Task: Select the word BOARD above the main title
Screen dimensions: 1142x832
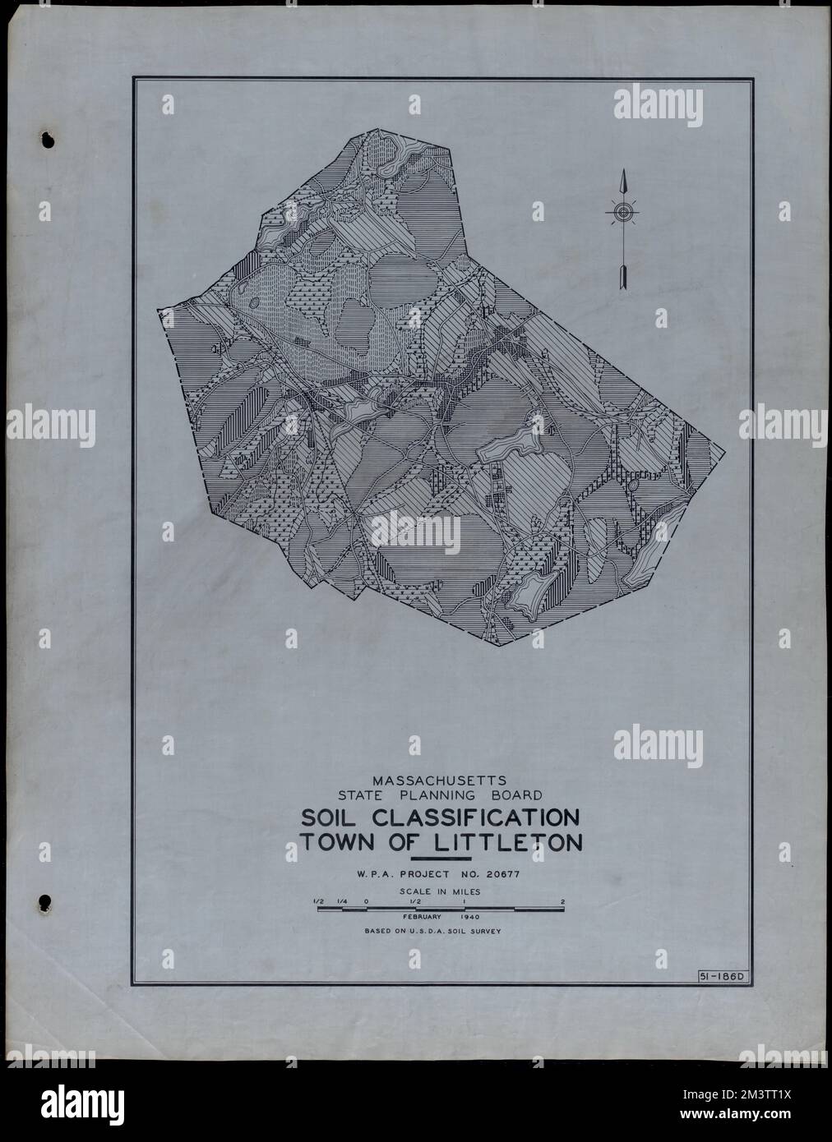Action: (515, 795)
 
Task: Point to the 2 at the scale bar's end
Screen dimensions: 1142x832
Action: (562, 901)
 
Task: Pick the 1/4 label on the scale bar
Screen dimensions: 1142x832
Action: (343, 901)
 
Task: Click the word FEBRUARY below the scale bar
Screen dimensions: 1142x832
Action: (423, 916)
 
